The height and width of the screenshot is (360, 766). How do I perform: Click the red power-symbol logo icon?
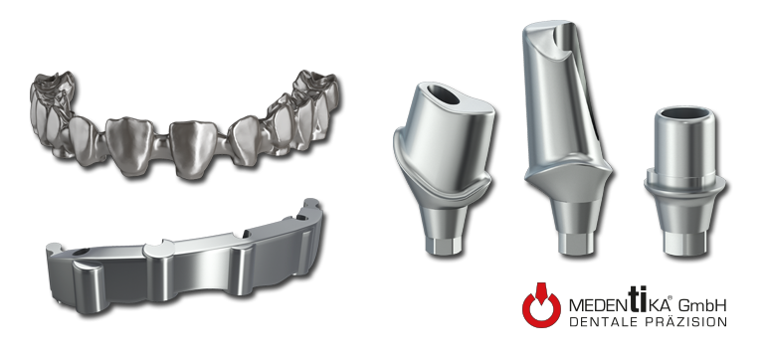pos(541,305)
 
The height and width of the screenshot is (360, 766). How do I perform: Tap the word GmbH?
pos(703,305)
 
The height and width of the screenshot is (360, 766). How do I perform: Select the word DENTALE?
pos(602,322)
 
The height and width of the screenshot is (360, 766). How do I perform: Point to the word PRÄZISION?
pos(684,321)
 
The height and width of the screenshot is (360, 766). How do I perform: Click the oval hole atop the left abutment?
pos(443,94)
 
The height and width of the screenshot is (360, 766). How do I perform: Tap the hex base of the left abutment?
pos(443,246)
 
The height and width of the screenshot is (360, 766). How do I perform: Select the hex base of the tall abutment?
pos(576,244)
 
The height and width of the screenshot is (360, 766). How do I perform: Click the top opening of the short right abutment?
pos(683,112)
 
